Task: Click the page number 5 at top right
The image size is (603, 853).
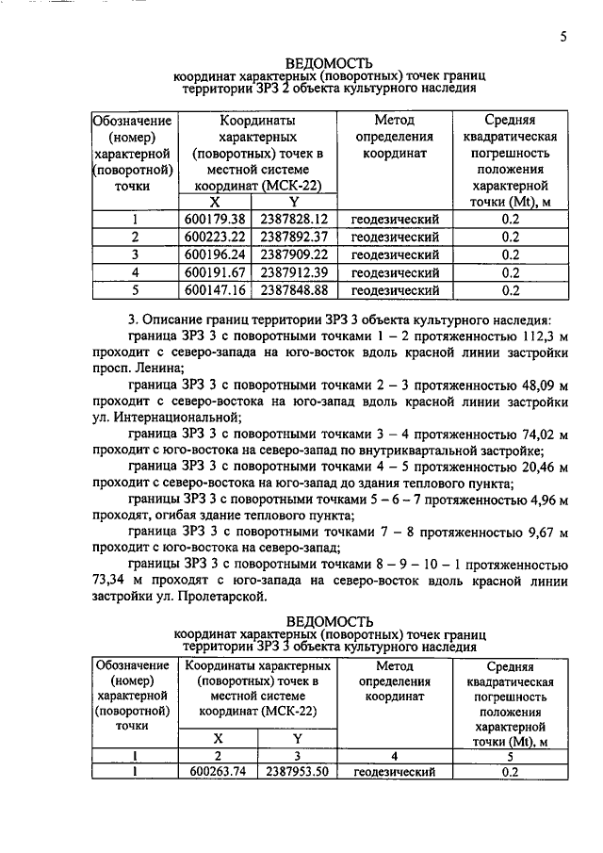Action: click(562, 38)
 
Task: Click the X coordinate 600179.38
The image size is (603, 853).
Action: click(215, 219)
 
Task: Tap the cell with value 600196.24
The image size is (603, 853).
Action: click(215, 254)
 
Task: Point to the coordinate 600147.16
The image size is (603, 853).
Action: click(215, 290)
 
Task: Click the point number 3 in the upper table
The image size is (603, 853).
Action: click(135, 254)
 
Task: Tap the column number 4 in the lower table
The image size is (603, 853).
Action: click(395, 755)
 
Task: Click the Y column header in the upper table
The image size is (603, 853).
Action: click(294, 201)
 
